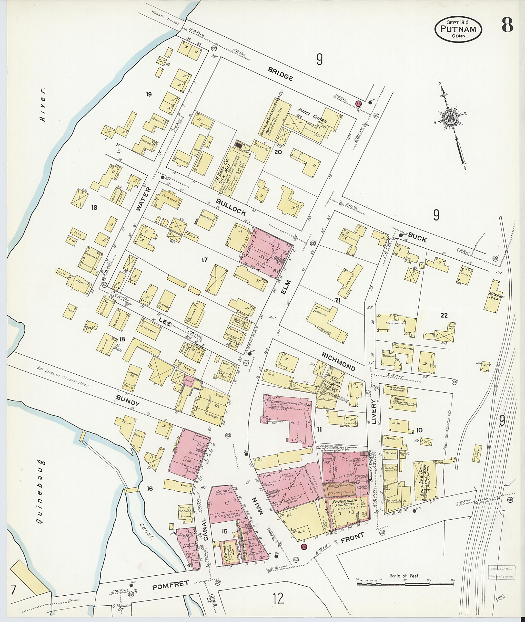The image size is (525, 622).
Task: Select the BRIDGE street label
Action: [x=280, y=74]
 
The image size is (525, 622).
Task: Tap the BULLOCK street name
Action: [x=231, y=207]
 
